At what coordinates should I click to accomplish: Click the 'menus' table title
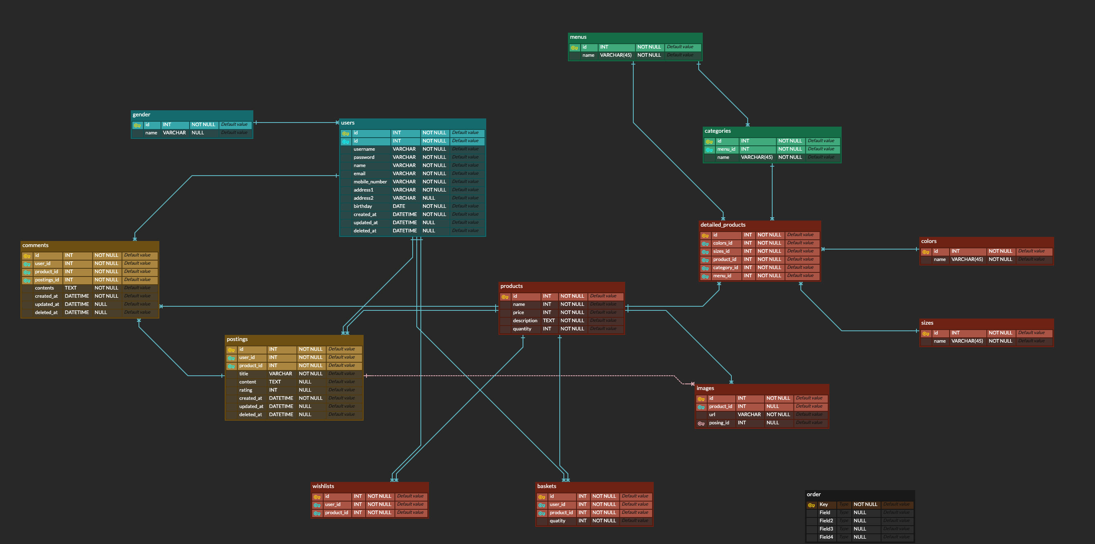click(x=578, y=38)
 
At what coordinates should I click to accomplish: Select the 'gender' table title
click(x=141, y=115)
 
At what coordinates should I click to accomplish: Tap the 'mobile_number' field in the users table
click(x=370, y=182)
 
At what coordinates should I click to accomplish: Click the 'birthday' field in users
click(x=362, y=207)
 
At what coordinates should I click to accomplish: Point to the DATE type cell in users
click(x=399, y=207)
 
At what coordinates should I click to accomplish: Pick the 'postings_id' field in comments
click(x=47, y=280)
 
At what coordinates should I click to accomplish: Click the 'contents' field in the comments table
click(x=44, y=288)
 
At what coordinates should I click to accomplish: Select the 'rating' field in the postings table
click(x=246, y=390)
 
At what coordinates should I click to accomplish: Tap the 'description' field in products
click(x=525, y=321)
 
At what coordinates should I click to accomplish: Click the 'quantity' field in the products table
click(x=522, y=329)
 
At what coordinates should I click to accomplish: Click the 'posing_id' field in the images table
click(x=719, y=423)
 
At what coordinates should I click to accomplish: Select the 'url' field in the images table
click(x=712, y=415)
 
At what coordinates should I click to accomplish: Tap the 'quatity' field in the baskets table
click(x=557, y=521)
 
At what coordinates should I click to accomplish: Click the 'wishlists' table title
click(x=323, y=486)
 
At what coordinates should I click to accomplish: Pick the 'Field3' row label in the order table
click(x=826, y=529)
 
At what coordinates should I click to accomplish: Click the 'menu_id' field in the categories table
click(x=726, y=149)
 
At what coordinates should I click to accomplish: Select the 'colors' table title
click(x=928, y=241)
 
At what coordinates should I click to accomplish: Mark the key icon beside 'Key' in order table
click(x=811, y=505)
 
